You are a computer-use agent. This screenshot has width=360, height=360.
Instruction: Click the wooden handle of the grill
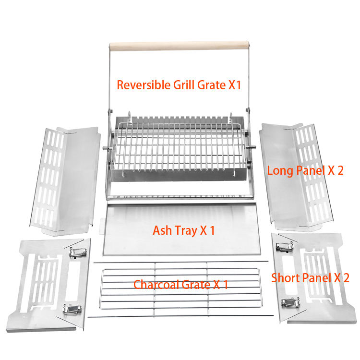coord(179,46)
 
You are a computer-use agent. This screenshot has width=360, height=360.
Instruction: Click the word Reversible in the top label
coord(144,84)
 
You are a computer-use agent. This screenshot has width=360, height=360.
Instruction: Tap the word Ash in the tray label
coord(162,230)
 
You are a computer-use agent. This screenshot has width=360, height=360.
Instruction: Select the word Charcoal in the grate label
coord(156,285)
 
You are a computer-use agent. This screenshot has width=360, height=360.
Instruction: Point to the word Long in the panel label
coord(280,170)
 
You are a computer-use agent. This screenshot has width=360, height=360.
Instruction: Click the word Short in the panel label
coord(286,278)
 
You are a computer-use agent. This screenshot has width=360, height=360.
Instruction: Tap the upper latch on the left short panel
coord(78,252)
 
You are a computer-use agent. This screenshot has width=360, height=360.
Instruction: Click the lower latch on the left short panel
coord(72,310)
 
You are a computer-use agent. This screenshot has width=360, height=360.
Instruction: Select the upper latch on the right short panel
coord(285,247)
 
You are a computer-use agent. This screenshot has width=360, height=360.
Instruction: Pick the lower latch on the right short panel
coord(290,302)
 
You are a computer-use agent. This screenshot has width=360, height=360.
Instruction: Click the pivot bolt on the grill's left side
coord(108,148)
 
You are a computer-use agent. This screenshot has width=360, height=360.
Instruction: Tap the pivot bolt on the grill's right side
coord(251,147)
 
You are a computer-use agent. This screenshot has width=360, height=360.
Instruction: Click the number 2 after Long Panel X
coord(340,170)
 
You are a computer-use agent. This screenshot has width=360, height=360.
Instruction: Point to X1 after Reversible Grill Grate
coord(235,85)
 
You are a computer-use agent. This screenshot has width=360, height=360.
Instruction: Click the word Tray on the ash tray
coord(186,231)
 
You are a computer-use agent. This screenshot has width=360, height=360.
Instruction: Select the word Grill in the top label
coord(184,84)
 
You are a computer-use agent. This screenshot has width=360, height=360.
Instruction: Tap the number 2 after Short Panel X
coord(346,278)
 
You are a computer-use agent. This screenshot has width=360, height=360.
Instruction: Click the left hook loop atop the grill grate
coord(129,117)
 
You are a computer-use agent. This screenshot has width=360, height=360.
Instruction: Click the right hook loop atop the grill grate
coord(231,118)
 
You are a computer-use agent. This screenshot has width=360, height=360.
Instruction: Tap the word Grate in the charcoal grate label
coord(196,285)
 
